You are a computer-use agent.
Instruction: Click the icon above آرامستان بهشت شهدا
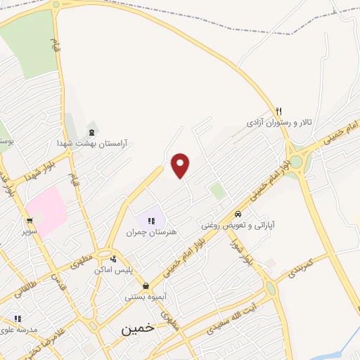pos(91,131)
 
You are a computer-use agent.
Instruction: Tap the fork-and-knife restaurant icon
pos(279,110)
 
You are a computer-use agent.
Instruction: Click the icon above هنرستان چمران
pos(151,221)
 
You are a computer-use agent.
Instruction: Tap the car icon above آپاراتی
pos(238,214)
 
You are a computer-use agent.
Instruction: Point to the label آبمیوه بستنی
pos(146,297)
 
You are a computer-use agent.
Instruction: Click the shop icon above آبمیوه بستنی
pos(146,285)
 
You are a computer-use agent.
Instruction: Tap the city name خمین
pos(136,328)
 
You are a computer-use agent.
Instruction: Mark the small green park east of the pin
pos(217,191)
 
